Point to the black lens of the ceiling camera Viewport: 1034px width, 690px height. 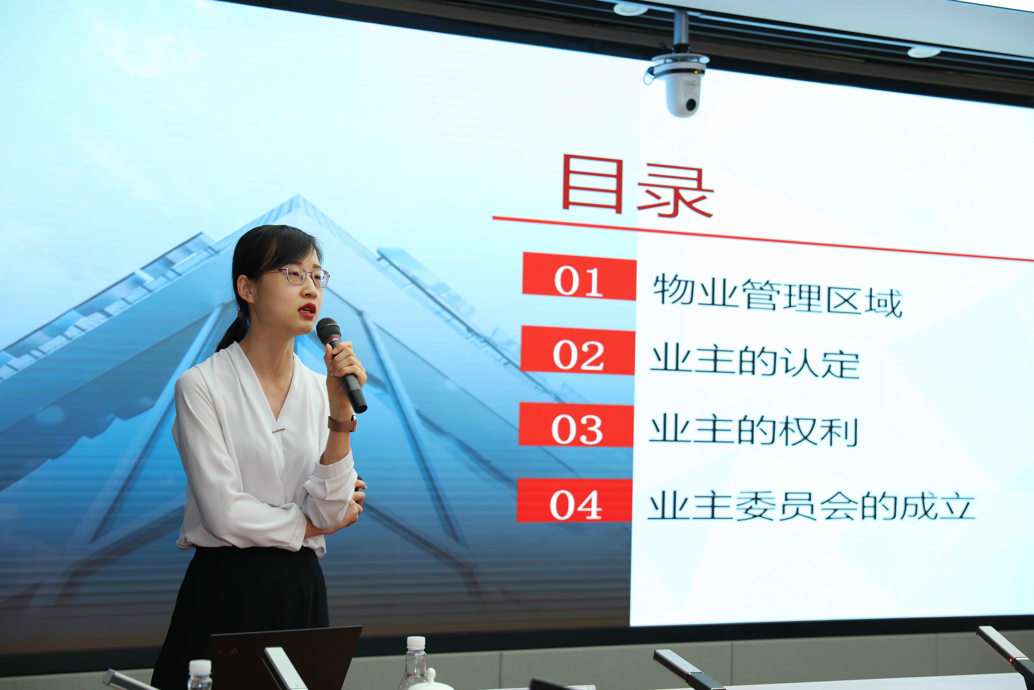coord(691,105)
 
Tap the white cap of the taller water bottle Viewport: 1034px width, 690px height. coord(416,642)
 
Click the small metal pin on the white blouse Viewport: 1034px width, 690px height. coord(278,430)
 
